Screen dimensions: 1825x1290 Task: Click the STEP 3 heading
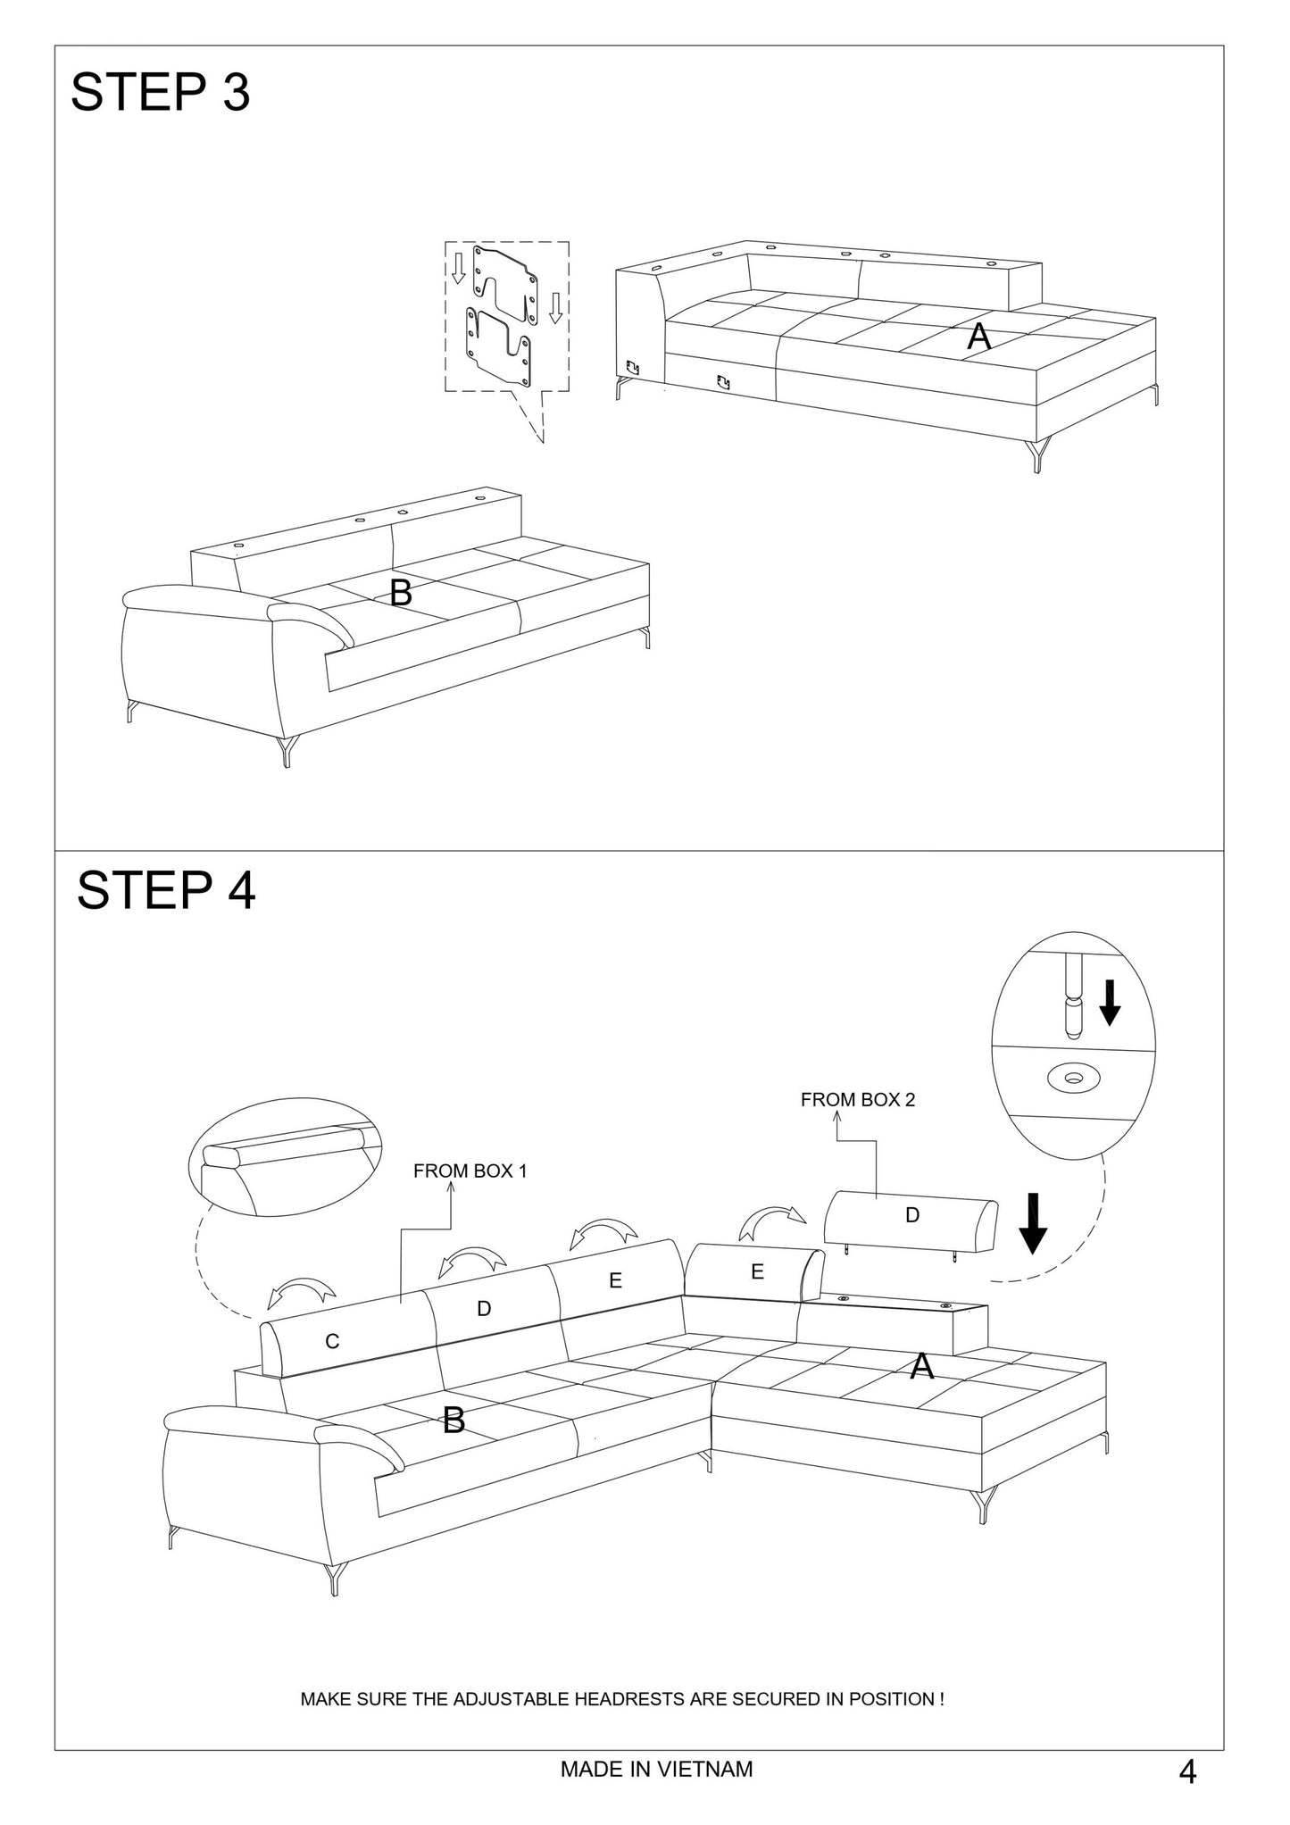click(x=161, y=92)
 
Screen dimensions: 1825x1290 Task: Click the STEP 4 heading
click(x=166, y=890)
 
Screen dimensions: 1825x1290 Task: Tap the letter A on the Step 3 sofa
click(x=979, y=337)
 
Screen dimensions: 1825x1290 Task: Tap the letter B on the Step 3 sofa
click(x=401, y=592)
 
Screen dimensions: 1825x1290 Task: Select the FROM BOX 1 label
click(x=470, y=1171)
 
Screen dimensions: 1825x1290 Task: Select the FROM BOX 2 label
click(x=857, y=1100)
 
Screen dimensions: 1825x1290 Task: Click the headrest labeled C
click(x=332, y=1341)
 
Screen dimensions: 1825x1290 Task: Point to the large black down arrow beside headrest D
click(x=1033, y=1222)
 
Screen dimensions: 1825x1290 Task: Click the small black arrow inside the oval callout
click(x=1109, y=1003)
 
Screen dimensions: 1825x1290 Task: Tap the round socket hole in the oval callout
click(x=1074, y=1079)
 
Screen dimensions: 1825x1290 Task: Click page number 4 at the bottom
click(x=1187, y=1771)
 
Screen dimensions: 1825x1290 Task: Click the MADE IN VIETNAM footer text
click(x=656, y=1769)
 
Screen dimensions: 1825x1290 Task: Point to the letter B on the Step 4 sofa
click(x=454, y=1420)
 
